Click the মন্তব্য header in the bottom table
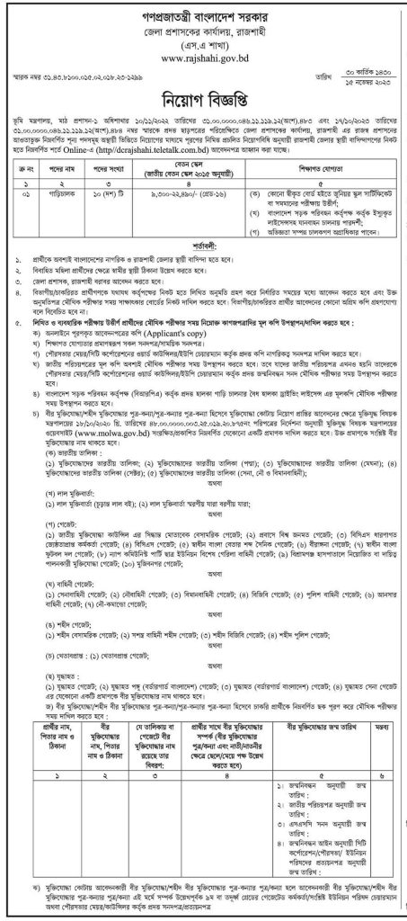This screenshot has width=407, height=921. [385, 723]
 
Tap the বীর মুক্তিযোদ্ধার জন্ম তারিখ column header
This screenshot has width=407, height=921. [323, 723]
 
